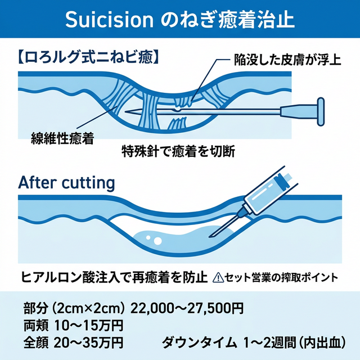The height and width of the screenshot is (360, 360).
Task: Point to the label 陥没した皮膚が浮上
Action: (286, 59)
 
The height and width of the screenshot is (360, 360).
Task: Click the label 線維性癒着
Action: (62, 136)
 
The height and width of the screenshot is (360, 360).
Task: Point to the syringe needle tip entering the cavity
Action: (211, 235)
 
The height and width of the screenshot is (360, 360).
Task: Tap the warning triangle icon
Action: (219, 277)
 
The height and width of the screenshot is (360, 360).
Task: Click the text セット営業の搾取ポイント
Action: (281, 277)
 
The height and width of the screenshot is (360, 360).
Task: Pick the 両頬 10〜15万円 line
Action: (73, 325)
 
